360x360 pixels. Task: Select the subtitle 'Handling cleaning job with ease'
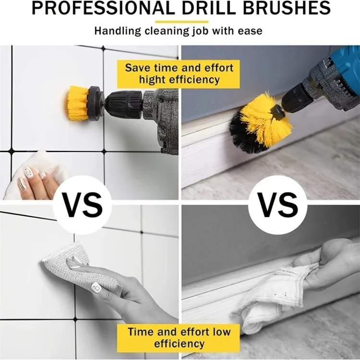coord(178,31)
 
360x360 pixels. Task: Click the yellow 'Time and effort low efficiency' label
coord(179,337)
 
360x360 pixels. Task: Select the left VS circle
coord(84,204)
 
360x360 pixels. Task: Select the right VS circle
coord(278,204)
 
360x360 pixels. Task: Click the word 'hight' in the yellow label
coord(153,80)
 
